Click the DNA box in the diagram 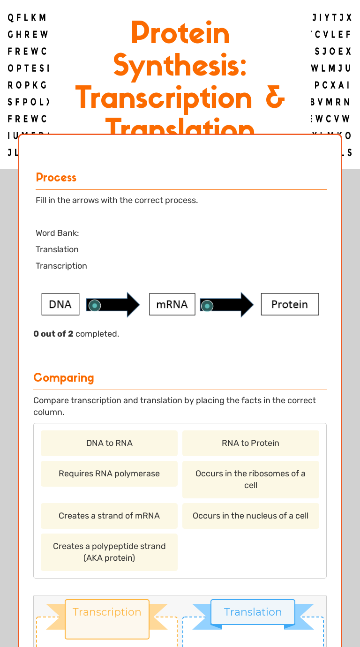pyautogui.click(x=60, y=304)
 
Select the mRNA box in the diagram pyautogui.click(x=172, y=304)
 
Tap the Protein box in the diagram pyautogui.click(x=290, y=304)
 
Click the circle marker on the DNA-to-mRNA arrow pyautogui.click(x=95, y=306)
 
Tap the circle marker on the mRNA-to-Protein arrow pyautogui.click(x=207, y=306)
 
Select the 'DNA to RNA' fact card pyautogui.click(x=109, y=443)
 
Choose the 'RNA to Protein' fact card pyautogui.click(x=250, y=443)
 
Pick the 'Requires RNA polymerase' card pyautogui.click(x=109, y=474)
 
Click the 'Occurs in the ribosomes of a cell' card pyautogui.click(x=250, y=479)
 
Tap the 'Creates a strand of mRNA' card pyautogui.click(x=109, y=516)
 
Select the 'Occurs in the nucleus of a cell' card pyautogui.click(x=250, y=516)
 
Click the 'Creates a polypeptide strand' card pyautogui.click(x=109, y=552)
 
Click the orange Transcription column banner pyautogui.click(x=107, y=612)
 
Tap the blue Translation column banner pyautogui.click(x=253, y=612)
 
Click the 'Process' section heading pyautogui.click(x=56, y=178)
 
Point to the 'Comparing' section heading pyautogui.click(x=64, y=378)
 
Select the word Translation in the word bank pyautogui.click(x=57, y=249)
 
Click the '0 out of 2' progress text pyautogui.click(x=53, y=334)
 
